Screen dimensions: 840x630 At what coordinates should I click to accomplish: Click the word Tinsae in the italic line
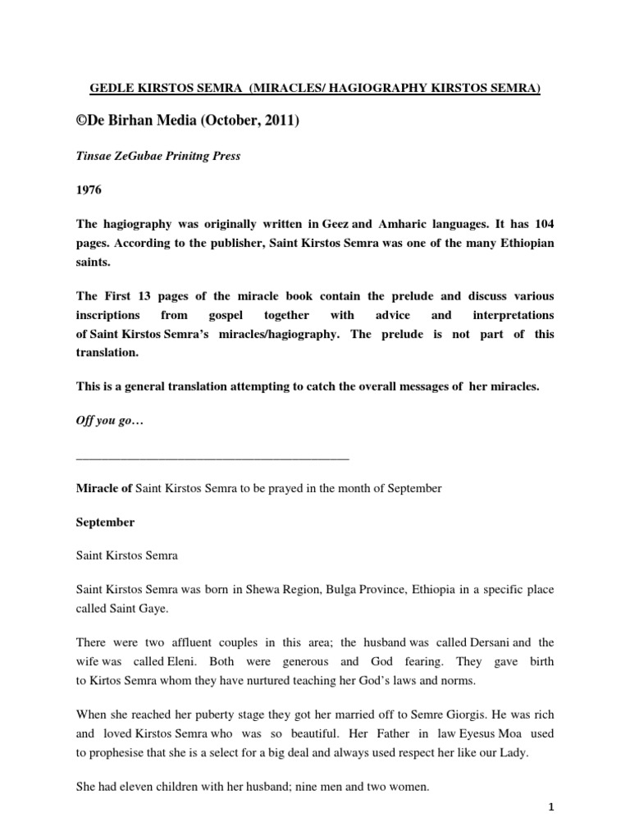click(x=94, y=157)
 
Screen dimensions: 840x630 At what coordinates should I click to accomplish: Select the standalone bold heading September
click(x=105, y=522)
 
